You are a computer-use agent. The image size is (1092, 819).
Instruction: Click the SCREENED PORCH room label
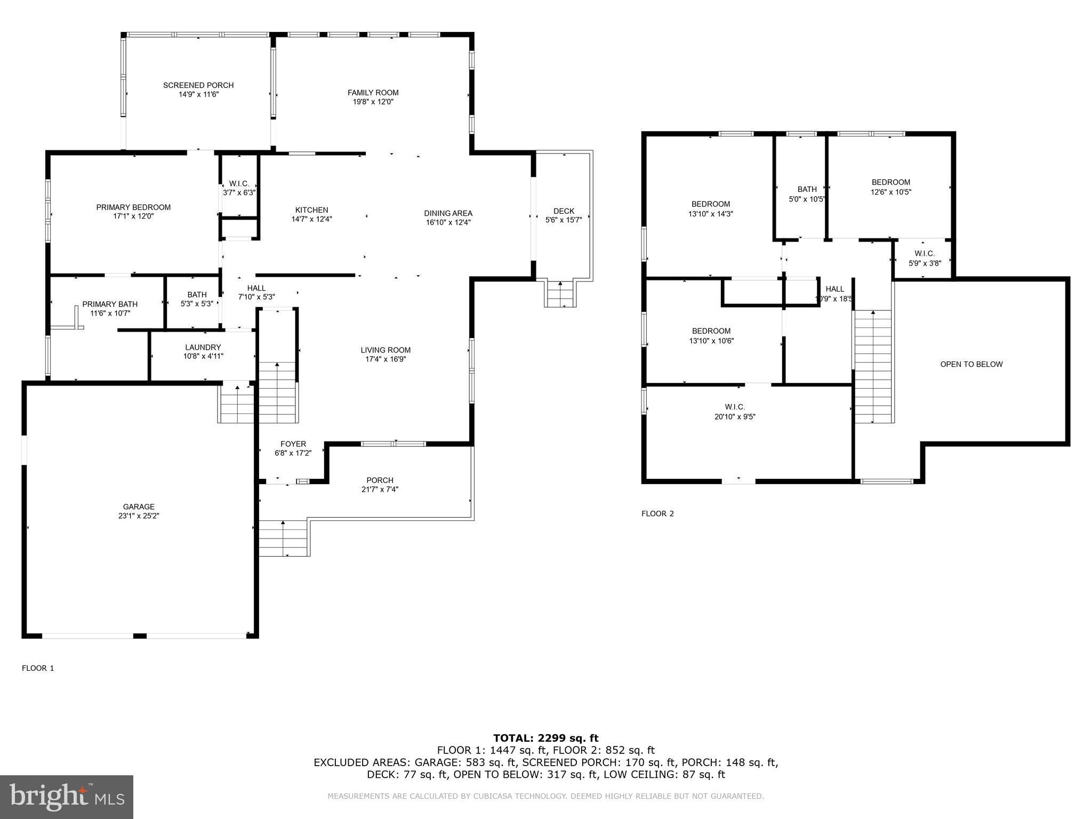point(198,85)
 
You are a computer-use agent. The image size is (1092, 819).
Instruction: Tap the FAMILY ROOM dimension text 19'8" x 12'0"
point(373,102)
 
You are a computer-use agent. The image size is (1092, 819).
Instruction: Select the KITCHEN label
point(312,210)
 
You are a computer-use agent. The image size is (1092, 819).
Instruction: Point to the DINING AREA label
point(448,213)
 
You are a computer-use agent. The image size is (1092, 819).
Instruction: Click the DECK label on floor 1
point(564,211)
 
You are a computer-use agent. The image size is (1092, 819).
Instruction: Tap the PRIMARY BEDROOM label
point(133,207)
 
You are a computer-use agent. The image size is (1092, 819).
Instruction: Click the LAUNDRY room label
point(203,347)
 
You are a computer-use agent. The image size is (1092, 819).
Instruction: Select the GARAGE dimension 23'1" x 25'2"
point(139,516)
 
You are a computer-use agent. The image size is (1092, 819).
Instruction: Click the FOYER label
point(293,444)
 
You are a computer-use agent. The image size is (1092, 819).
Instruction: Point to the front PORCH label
point(380,480)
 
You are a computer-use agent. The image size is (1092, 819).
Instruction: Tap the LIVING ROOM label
point(386,350)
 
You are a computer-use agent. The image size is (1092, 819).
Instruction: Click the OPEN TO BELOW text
point(971,364)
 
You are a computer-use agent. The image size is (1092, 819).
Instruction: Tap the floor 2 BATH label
point(807,189)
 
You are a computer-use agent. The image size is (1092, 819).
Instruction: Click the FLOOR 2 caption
point(657,513)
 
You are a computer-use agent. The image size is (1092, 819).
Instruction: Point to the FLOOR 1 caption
point(38,668)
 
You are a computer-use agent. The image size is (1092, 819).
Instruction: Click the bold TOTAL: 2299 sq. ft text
point(545,738)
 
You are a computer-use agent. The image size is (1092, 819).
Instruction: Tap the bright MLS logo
point(67,797)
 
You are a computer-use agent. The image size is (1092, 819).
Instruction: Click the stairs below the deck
point(560,294)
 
